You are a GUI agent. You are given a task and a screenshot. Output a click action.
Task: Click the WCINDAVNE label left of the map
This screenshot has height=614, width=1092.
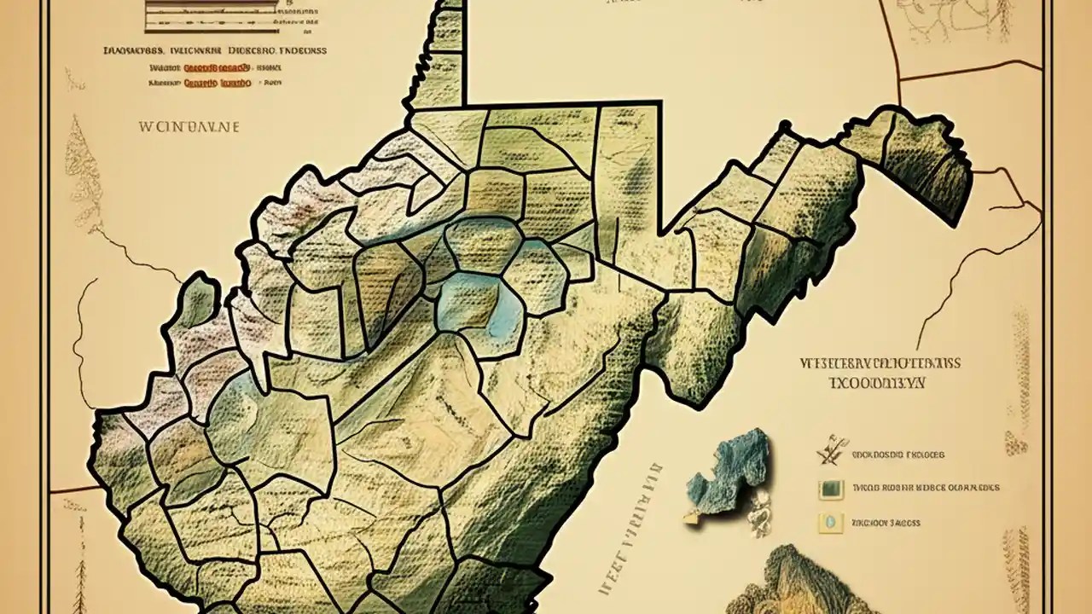click(189, 126)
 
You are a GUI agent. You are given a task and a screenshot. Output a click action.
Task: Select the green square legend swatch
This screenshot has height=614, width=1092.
click(830, 489)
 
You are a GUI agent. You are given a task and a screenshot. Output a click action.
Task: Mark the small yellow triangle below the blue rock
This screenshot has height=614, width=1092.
click(694, 516)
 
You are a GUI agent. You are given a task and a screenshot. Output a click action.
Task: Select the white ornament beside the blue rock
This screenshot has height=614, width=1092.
click(758, 512)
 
